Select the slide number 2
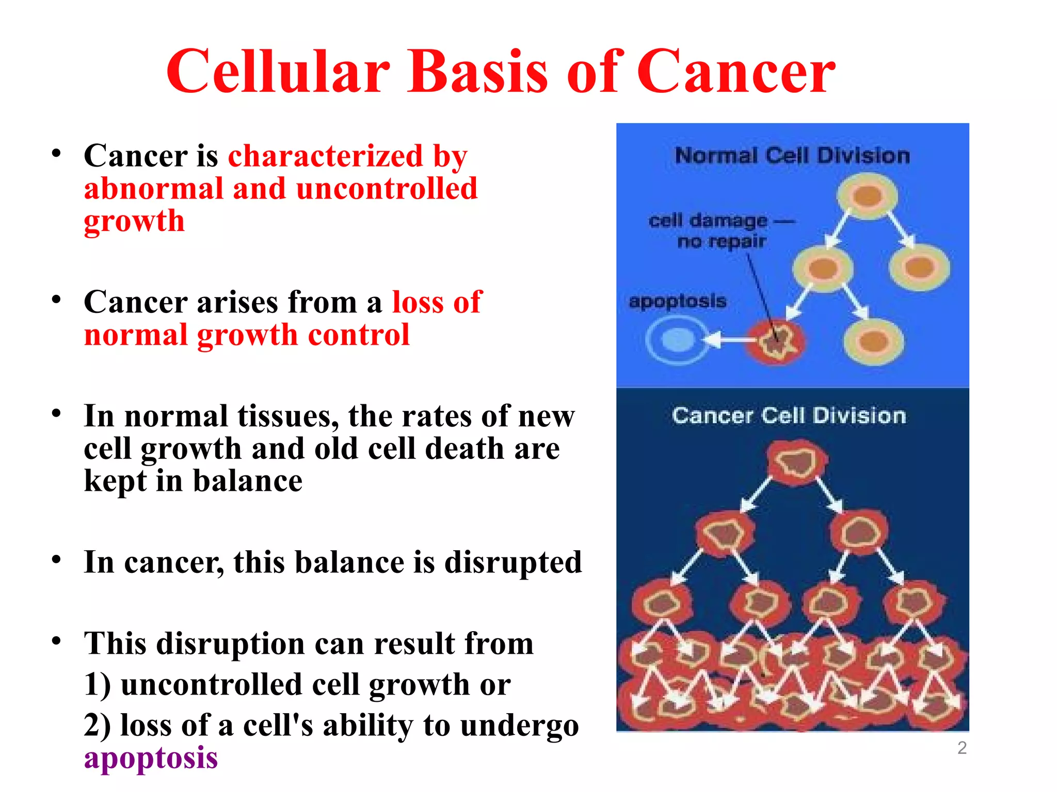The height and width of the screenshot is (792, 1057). point(962,748)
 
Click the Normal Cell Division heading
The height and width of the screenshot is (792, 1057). point(792,156)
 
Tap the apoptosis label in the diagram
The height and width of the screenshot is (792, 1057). point(677,301)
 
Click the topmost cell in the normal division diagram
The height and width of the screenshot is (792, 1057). point(867,196)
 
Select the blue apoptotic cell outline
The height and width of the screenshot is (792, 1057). point(677,340)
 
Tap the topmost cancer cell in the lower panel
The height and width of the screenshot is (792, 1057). point(796,462)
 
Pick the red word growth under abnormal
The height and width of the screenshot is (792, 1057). point(134,222)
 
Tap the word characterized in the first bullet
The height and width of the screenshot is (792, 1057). point(326,156)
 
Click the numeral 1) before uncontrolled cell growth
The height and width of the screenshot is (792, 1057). point(97,685)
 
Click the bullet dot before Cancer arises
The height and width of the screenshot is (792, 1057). point(56,300)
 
